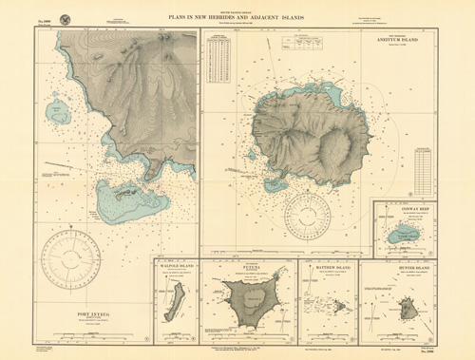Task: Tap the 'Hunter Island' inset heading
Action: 409,269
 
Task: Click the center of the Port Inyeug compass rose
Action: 78,262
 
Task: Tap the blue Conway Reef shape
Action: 405,235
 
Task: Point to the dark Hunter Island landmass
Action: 408,309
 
